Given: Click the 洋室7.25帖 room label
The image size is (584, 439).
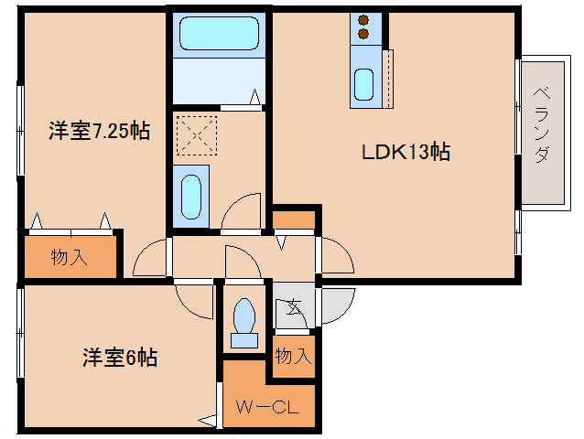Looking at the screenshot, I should click(98, 131).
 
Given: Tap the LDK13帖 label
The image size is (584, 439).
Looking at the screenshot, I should click(403, 152).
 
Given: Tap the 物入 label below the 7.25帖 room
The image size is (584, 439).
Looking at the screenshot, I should click(70, 257).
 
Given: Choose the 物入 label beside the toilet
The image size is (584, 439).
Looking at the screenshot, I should click(292, 356).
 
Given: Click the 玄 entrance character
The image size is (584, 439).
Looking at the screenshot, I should click(294, 307).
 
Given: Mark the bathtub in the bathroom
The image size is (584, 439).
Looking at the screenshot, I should click(220, 36).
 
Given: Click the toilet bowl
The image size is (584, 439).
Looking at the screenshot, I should click(244, 316).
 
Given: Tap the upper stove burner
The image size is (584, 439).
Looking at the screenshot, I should click(363, 20).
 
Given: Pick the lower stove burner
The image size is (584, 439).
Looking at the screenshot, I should click(363, 35).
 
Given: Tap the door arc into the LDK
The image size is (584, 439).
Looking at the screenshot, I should click(336, 254).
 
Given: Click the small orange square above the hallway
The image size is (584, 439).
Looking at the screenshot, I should click(293, 220).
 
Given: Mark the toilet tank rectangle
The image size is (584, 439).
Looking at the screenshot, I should click(244, 341).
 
